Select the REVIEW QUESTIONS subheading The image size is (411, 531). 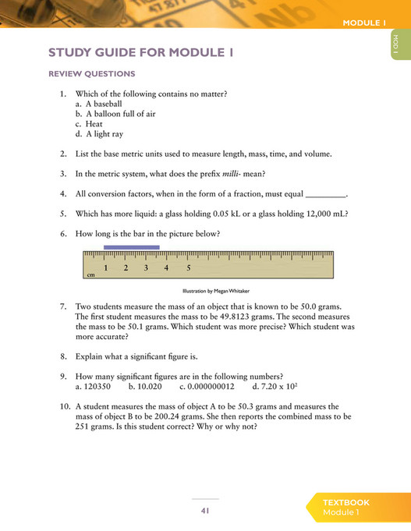click(91, 74)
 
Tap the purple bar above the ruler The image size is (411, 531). click(131, 247)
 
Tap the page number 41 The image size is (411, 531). click(205, 511)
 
